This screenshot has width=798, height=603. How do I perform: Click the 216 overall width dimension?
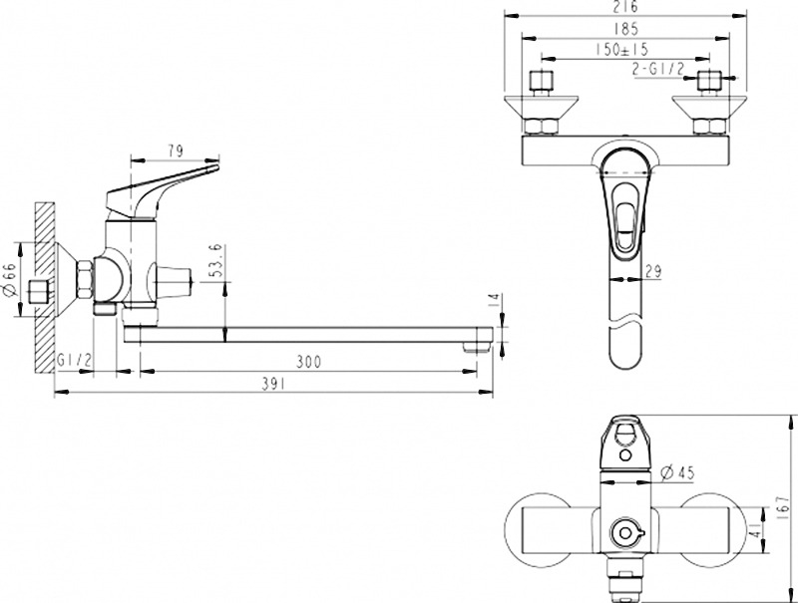point(624,7)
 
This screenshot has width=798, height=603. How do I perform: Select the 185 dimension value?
point(625,29)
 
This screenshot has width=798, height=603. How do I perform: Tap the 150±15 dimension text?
point(621,50)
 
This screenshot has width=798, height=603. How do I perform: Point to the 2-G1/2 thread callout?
point(658,69)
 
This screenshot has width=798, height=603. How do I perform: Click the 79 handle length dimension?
point(175,151)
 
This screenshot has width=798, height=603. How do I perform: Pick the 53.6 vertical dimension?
point(215,260)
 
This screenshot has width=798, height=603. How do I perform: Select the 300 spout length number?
point(309,362)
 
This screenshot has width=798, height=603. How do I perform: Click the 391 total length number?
point(273,385)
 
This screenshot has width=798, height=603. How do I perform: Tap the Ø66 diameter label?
point(11,280)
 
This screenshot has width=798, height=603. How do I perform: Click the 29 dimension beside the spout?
point(653,271)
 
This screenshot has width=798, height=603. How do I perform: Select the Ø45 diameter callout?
point(677,472)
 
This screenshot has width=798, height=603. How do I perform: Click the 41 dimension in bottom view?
point(758,529)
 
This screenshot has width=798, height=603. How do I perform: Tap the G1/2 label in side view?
point(74,361)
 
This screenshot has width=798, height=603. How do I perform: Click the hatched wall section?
point(45,287)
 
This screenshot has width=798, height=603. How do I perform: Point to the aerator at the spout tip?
point(477,347)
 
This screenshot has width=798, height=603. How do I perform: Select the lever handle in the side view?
point(161,189)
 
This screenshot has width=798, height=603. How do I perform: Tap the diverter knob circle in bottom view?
point(626,533)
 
